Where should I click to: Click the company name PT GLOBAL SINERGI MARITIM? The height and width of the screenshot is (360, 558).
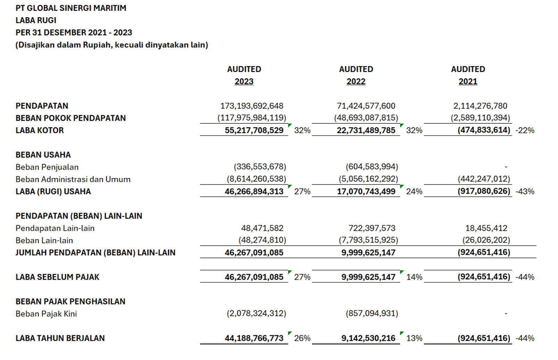(x=71, y=8)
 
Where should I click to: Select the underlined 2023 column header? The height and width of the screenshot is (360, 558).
(x=244, y=82)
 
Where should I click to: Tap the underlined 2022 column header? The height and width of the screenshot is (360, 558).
(x=356, y=82)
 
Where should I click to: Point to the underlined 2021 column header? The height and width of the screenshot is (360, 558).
(x=468, y=82)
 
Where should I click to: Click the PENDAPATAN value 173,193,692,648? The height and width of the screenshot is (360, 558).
(x=252, y=106)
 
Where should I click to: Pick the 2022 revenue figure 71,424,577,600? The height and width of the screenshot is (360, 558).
(x=366, y=106)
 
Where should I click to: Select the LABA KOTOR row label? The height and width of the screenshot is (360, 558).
(x=40, y=130)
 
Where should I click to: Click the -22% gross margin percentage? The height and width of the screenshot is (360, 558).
(x=525, y=131)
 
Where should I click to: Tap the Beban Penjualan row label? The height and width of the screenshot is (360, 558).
(x=47, y=167)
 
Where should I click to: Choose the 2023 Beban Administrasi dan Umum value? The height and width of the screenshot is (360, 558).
(x=256, y=179)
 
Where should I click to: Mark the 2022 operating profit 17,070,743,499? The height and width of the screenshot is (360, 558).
(x=366, y=191)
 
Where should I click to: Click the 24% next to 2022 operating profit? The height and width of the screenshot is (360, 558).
(x=414, y=192)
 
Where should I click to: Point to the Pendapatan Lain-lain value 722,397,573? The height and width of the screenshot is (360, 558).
(x=372, y=228)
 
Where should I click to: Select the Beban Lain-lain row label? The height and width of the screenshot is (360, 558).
(x=44, y=240)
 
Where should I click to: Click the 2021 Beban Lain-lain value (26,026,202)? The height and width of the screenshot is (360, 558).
(x=486, y=240)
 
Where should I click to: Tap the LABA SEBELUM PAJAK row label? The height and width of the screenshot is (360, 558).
(x=57, y=277)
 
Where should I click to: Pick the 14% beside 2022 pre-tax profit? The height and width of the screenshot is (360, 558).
(x=414, y=277)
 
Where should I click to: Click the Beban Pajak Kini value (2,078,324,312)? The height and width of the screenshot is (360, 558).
(x=256, y=313)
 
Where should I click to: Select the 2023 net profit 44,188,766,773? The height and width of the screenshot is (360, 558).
(x=254, y=338)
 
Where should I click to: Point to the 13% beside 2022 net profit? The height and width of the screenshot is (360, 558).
(x=414, y=338)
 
